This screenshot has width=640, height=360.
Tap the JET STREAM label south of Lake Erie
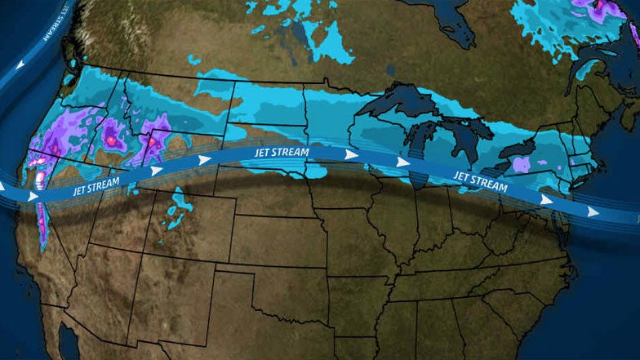480,181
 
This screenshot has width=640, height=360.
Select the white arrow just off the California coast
33,197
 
